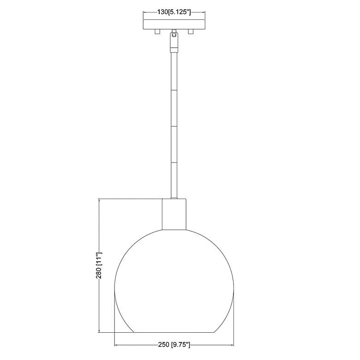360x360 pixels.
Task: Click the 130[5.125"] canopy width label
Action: pos(174,12)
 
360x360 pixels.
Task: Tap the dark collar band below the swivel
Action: pos(174,50)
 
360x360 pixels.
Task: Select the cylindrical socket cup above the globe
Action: pos(174,214)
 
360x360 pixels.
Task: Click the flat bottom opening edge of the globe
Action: pos(174,332)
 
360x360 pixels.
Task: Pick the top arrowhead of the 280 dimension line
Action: pos(99,201)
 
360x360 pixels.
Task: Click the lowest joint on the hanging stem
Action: pos(174,162)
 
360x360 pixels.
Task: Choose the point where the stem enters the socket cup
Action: pos(174,198)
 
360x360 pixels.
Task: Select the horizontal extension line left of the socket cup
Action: pos(129,199)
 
